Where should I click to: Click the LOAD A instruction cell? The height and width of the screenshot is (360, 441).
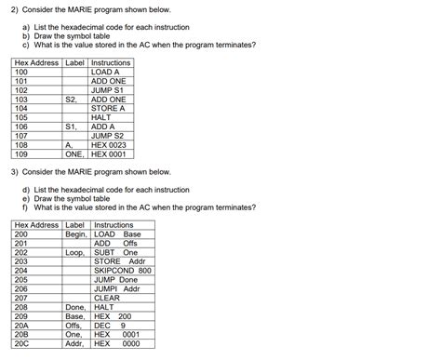point(105,72)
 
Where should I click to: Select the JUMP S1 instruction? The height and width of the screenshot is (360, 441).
point(108,89)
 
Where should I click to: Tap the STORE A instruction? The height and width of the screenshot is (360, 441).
point(109,108)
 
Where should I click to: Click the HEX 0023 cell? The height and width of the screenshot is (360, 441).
point(110,144)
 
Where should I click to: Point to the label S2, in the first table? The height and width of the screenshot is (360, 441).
point(72,99)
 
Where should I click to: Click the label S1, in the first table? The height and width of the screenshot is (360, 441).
point(72,127)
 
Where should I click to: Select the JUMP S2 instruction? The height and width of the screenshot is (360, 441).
point(108,136)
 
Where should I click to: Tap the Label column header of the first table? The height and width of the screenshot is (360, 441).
point(74,62)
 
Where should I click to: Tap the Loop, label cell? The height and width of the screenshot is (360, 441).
point(76,252)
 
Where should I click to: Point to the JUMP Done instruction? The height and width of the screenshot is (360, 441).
point(116,279)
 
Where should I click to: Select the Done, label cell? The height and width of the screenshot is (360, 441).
point(76,306)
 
